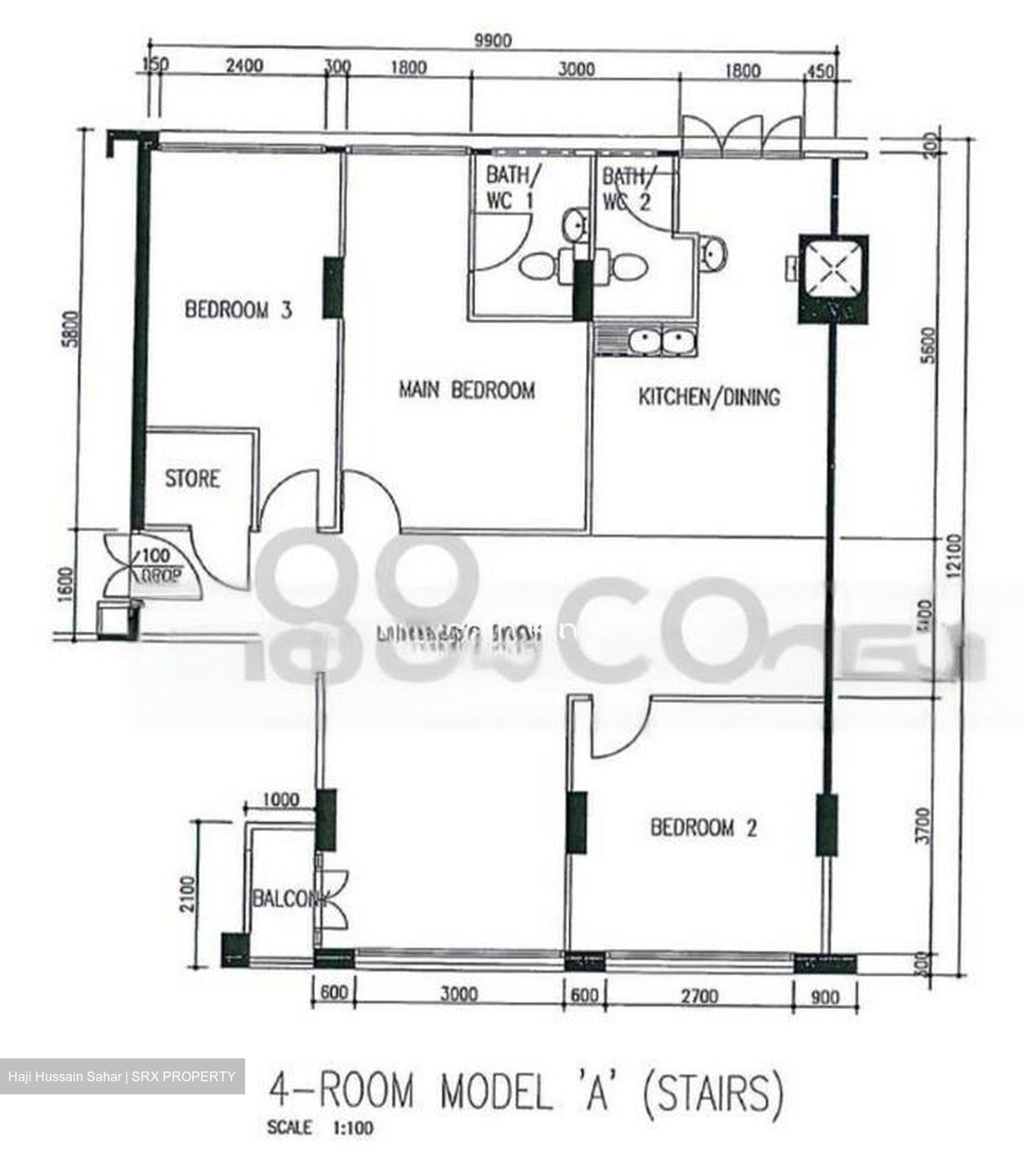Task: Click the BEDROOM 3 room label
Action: [x=238, y=310]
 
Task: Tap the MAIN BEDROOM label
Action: [x=467, y=390]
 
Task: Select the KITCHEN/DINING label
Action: [x=708, y=397]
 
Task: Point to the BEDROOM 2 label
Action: [x=704, y=827]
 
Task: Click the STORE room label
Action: [x=193, y=478]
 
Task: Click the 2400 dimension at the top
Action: [x=243, y=65]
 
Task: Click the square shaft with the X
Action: [x=833, y=269]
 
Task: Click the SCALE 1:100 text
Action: [x=320, y=1128]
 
